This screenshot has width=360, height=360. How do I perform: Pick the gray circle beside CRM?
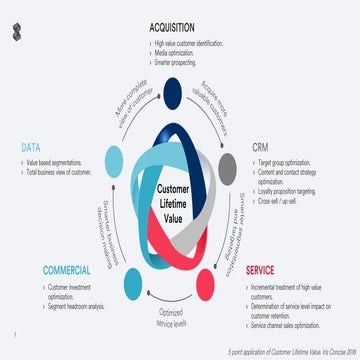[x=228, y=165]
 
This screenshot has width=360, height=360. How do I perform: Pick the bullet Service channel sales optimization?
[x=296, y=327]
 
